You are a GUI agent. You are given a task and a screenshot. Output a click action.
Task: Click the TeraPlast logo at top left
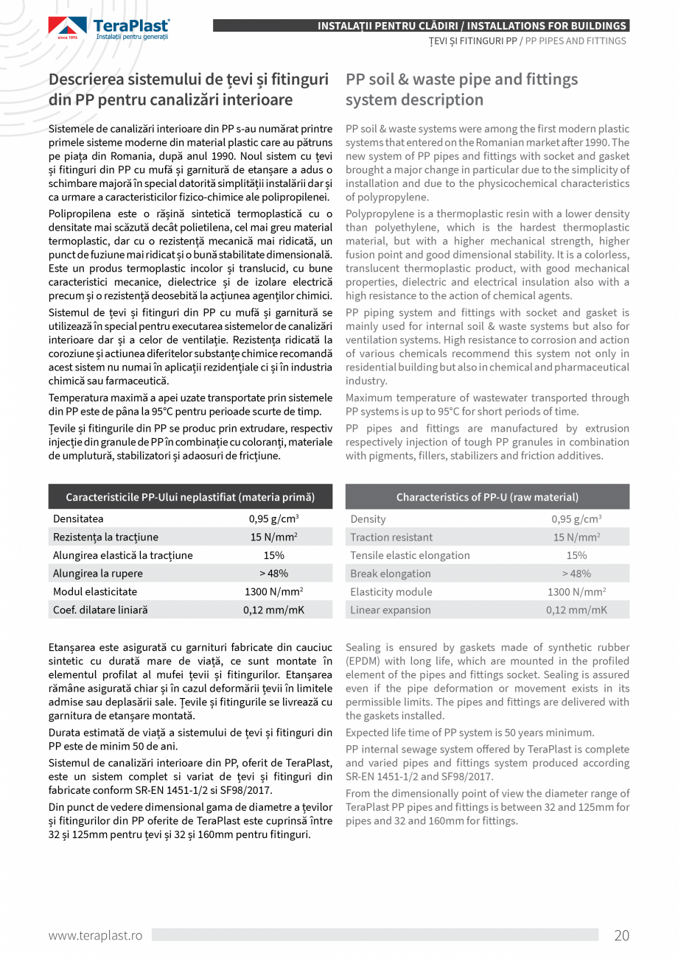pyautogui.click(x=109, y=29)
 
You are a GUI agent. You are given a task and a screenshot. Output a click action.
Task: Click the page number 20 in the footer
pyautogui.click(x=621, y=936)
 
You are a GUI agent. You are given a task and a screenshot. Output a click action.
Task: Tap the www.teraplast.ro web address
pyautogui.click(x=95, y=936)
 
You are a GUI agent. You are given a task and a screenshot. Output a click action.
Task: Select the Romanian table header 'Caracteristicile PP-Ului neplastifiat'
pyautogui.click(x=190, y=497)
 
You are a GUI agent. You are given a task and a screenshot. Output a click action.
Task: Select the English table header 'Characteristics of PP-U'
pyautogui.click(x=487, y=497)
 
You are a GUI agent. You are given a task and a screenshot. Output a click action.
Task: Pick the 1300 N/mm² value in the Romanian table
pyautogui.click(x=273, y=592)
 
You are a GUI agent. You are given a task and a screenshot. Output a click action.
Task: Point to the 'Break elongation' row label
pyautogui.click(x=391, y=574)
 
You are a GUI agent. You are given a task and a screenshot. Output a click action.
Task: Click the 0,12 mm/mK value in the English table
pyautogui.click(x=576, y=610)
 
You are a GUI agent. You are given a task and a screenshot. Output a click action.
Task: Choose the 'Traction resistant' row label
pyautogui.click(x=391, y=538)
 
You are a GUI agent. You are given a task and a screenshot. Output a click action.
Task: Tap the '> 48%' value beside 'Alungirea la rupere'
pyautogui.click(x=273, y=574)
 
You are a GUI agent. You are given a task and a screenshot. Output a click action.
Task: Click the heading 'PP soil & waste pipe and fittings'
pyautogui.click(x=461, y=80)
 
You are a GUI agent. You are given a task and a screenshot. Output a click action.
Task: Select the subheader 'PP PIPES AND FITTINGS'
pyautogui.click(x=576, y=41)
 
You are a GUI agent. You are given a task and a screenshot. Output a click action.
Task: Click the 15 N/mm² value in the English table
pyautogui.click(x=576, y=538)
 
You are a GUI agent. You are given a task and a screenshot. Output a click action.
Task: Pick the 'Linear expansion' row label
pyautogui.click(x=391, y=610)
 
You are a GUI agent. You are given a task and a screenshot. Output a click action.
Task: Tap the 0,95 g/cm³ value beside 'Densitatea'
pyautogui.click(x=273, y=519)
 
